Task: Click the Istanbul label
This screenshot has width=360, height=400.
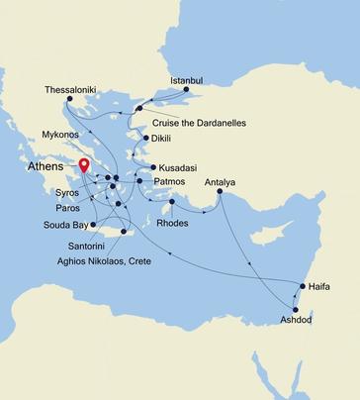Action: click(186, 78)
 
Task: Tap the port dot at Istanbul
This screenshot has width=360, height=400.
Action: click(186, 89)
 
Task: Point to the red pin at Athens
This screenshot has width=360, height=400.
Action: click(84, 166)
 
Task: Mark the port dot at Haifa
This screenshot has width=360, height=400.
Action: click(302, 286)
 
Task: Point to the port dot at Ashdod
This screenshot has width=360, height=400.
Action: click(295, 309)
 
